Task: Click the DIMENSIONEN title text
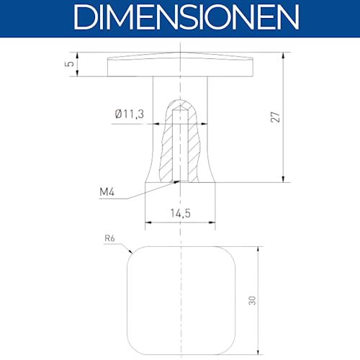point(186,17)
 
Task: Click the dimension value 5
point(70,64)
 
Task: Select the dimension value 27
point(275,117)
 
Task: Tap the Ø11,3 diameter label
point(130,114)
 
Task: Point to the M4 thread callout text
point(107,192)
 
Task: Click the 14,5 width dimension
point(181,213)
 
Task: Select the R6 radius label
point(109,238)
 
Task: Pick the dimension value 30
point(252,300)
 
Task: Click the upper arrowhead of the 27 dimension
point(284,55)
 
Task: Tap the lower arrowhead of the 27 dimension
point(284,179)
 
